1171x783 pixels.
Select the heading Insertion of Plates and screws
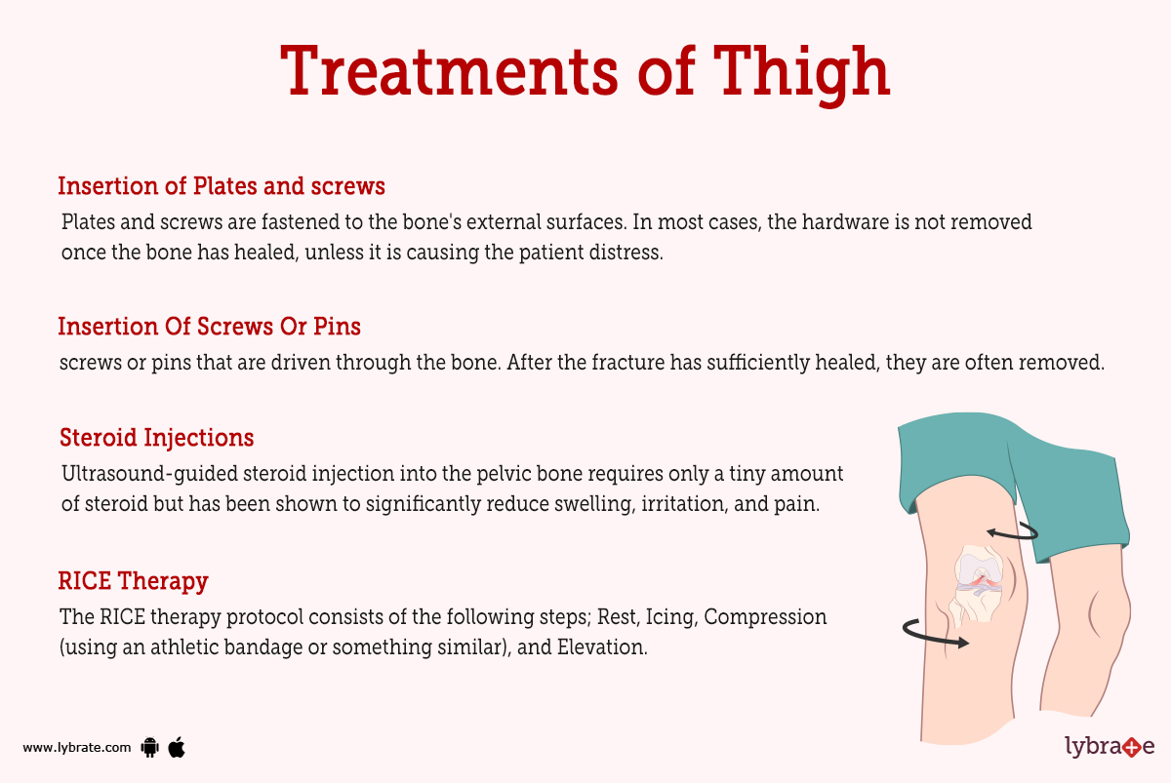222,185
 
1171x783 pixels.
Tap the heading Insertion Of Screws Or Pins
210,325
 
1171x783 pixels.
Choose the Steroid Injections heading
157,437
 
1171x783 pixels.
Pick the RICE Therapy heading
133,581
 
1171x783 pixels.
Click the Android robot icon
149,748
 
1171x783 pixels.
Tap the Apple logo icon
177,747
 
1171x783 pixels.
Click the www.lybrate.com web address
77,748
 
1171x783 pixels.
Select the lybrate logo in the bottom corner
1109,747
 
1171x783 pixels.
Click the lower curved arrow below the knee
936,634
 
